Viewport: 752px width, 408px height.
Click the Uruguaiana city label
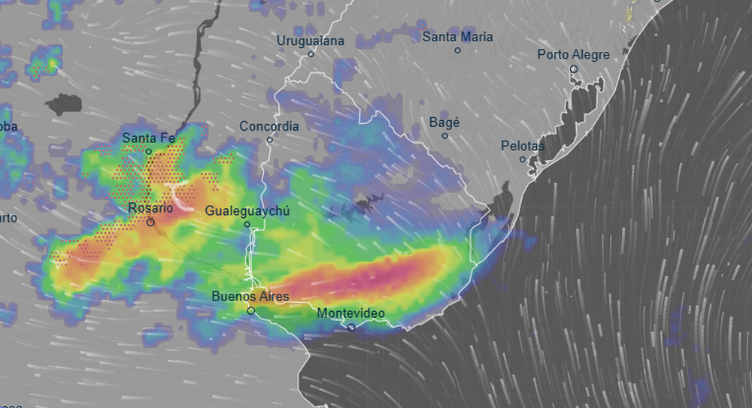pyautogui.click(x=311, y=41)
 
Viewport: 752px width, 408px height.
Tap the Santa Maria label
pyautogui.click(x=457, y=36)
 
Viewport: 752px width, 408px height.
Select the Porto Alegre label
pyautogui.click(x=573, y=54)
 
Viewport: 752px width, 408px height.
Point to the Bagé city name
pyautogui.click(x=444, y=122)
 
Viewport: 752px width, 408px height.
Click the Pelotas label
pyautogui.click(x=522, y=146)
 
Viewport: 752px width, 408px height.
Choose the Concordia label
pyautogui.click(x=269, y=126)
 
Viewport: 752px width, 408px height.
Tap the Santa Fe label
pyautogui.click(x=148, y=138)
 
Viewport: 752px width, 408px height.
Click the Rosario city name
pyautogui.click(x=150, y=208)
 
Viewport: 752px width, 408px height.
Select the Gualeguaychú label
pyautogui.click(x=247, y=210)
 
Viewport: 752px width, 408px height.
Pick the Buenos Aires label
pyautogui.click(x=250, y=296)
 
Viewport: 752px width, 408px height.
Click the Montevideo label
pyautogui.click(x=351, y=313)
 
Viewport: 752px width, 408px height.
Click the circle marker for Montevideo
pyautogui.click(x=351, y=328)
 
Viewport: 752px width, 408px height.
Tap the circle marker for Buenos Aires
pyautogui.click(x=251, y=310)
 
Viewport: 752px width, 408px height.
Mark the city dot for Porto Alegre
pyautogui.click(x=573, y=68)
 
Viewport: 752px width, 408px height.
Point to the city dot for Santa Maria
pyautogui.click(x=457, y=50)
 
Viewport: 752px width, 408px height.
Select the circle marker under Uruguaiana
pyautogui.click(x=311, y=54)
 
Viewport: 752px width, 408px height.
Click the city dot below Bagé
pyautogui.click(x=444, y=136)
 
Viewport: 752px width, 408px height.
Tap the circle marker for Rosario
pyautogui.click(x=150, y=222)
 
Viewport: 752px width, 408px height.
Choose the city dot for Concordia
pyautogui.click(x=269, y=140)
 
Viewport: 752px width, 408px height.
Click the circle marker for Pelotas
pyautogui.click(x=523, y=159)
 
